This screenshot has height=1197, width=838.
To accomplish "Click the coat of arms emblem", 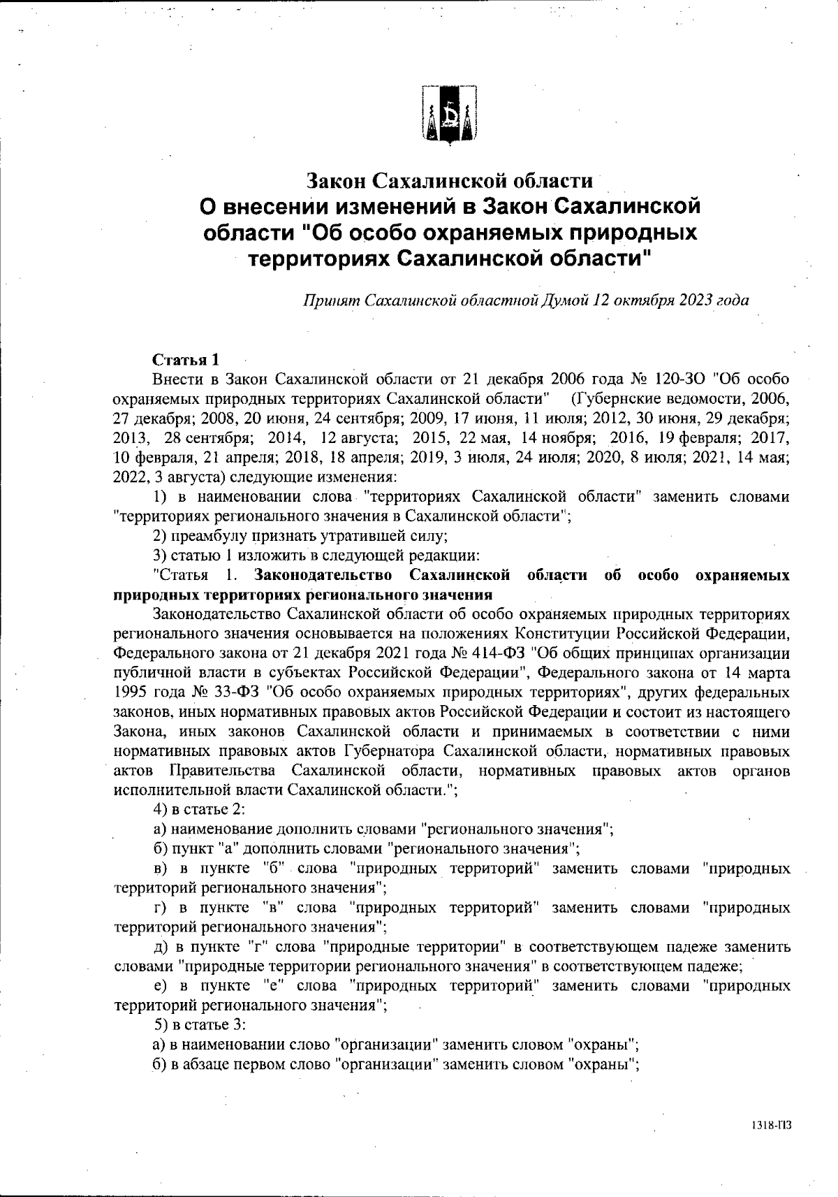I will [x=450, y=115].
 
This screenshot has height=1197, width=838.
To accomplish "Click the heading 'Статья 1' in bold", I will [x=186, y=360].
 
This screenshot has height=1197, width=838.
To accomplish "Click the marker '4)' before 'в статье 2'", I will [x=160, y=809].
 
